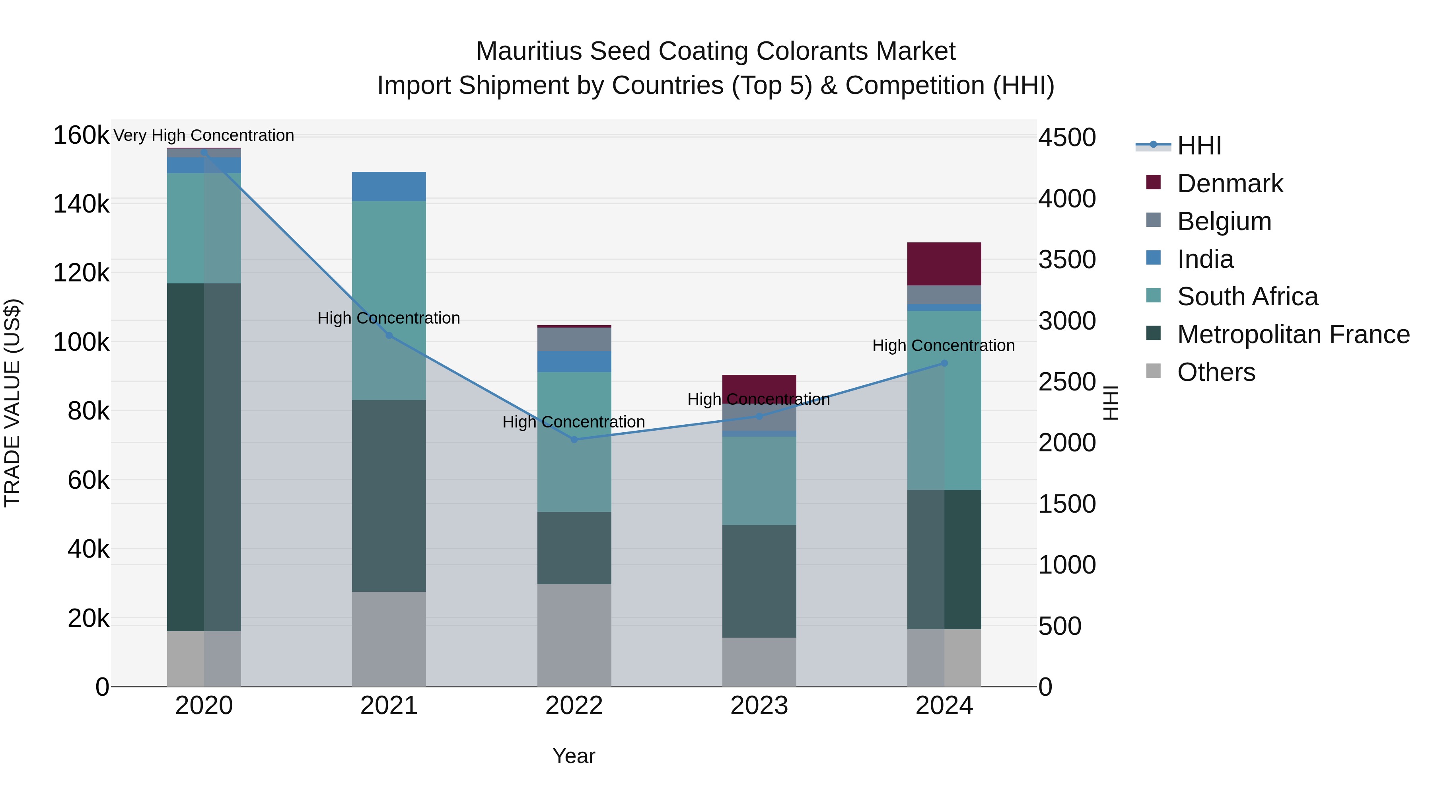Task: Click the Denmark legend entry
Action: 1229,183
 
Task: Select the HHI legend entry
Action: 1199,146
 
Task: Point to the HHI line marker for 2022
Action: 574,439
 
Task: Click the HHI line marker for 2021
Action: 389,336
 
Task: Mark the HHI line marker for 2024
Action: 944,363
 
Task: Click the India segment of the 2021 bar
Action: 389,186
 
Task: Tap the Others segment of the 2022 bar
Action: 574,635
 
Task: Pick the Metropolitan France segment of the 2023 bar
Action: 759,581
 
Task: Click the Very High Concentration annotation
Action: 203,135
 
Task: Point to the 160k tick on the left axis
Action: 81,135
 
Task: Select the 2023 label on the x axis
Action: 759,706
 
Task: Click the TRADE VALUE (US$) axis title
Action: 12,403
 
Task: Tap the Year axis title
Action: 574,756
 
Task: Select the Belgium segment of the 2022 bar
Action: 574,339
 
